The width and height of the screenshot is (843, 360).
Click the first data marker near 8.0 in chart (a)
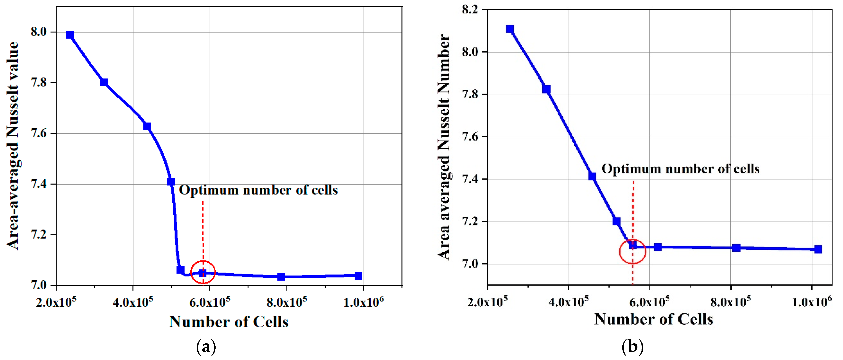coord(69,35)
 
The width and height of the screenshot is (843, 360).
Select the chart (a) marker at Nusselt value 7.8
coord(104,82)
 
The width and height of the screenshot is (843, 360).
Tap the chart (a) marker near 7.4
coord(171,182)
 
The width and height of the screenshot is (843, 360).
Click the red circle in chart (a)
coord(203,272)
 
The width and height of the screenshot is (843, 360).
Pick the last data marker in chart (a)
coord(358,276)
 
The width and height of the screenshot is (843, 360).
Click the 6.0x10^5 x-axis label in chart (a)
coord(209,302)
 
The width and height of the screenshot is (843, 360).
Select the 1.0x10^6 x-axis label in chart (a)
coord(363,302)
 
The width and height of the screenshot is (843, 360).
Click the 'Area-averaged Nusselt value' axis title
coord(13,146)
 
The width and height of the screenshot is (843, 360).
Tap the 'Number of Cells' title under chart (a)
coord(228,322)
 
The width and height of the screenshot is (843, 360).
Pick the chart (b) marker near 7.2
coord(616,221)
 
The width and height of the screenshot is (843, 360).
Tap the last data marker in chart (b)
coord(818,249)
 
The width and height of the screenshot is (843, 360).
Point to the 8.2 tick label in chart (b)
coord(470,10)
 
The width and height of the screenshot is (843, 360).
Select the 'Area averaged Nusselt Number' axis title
coord(444,147)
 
